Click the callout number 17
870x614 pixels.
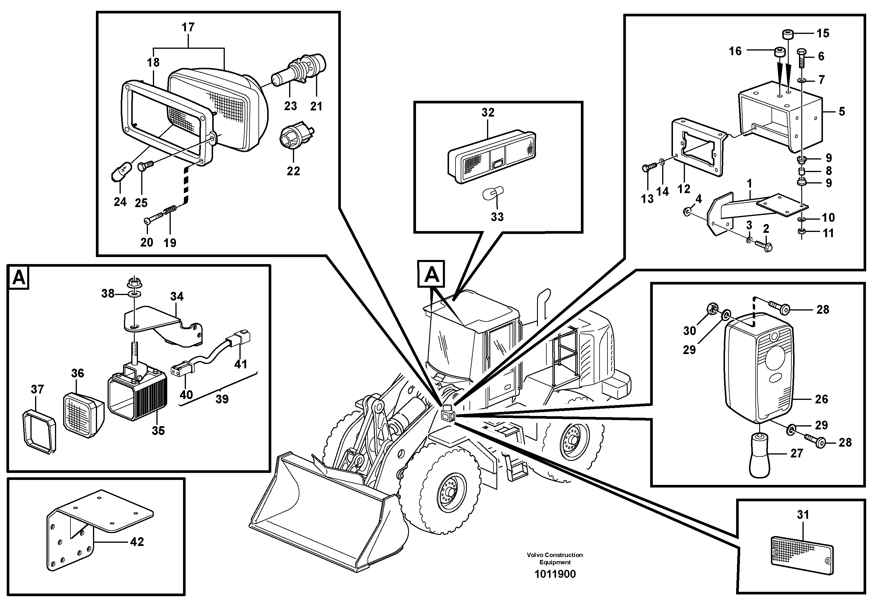188,27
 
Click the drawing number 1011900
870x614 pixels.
555,574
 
